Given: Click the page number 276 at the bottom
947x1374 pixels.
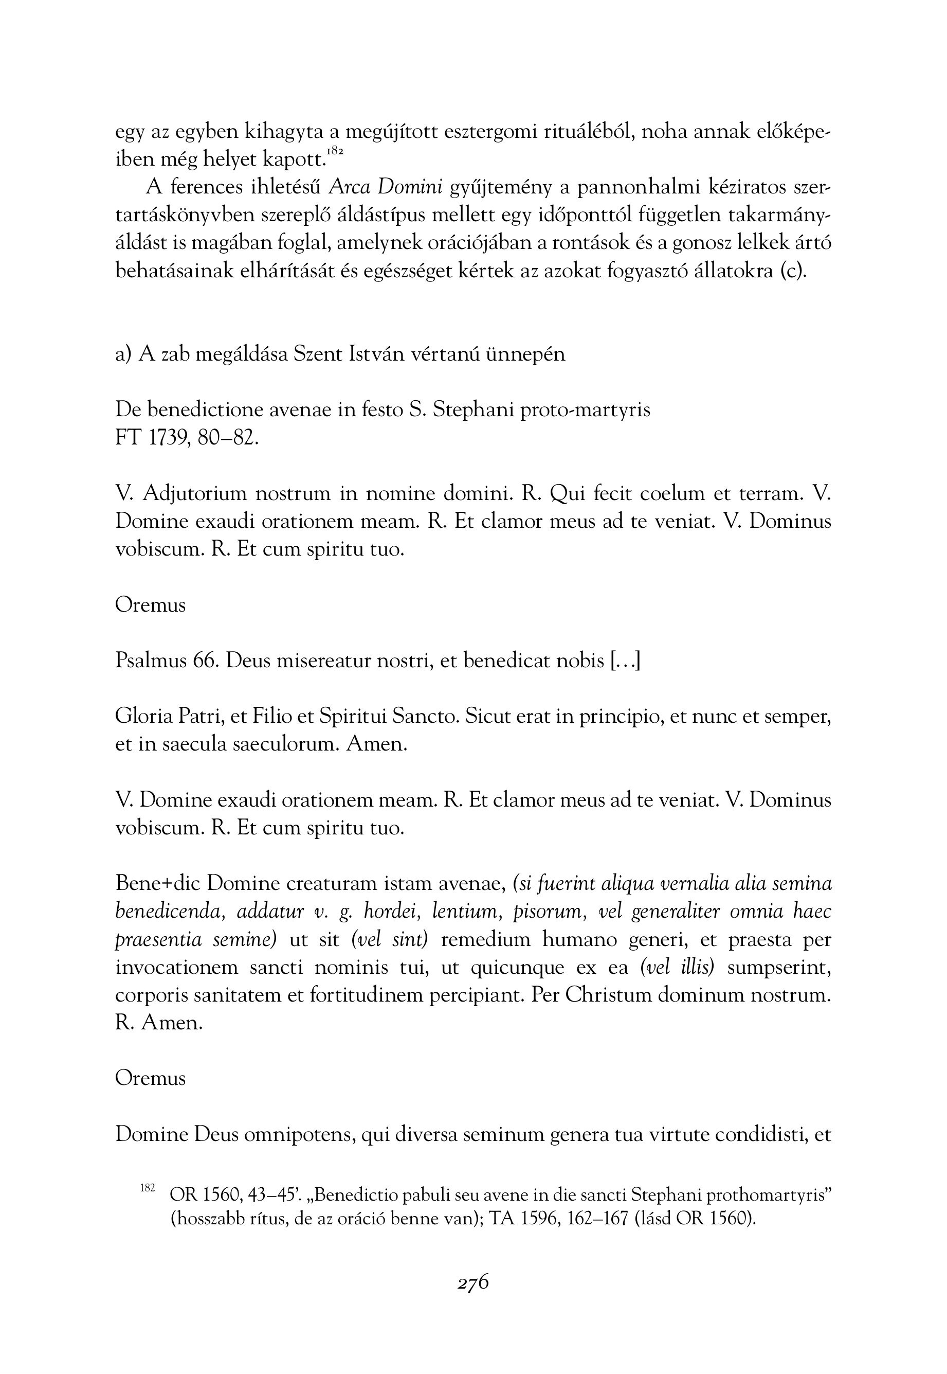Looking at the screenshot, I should pos(473,1282).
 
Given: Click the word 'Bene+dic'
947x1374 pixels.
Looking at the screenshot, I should pos(158,884).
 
